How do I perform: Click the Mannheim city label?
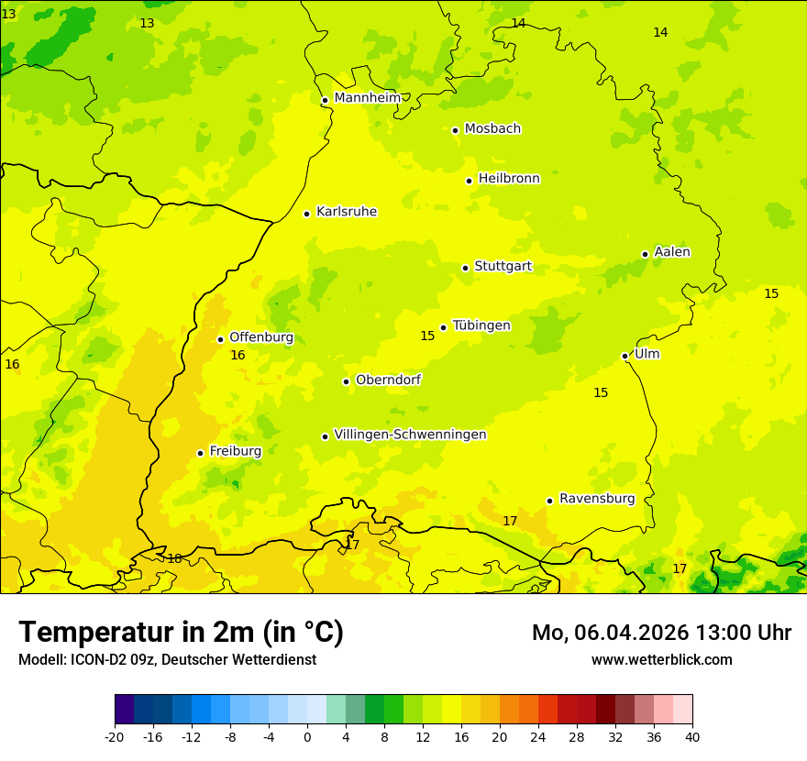[x=367, y=98]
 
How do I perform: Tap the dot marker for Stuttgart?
[x=465, y=268]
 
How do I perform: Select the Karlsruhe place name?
[x=346, y=212]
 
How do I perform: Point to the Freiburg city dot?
[x=200, y=453]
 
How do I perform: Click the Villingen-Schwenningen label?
[x=410, y=435]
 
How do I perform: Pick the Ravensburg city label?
[x=596, y=499]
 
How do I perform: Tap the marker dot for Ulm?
[x=625, y=356]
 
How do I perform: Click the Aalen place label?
[x=671, y=252]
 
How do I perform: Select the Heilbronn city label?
[x=509, y=179]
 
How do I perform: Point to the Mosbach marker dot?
[x=455, y=130]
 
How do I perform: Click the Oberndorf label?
[x=388, y=380]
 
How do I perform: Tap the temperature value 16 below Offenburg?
[x=238, y=356]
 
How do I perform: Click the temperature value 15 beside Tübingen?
[x=427, y=336]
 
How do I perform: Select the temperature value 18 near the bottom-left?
[x=174, y=559]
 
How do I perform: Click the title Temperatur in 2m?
[x=181, y=633]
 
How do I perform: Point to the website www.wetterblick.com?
[x=661, y=660]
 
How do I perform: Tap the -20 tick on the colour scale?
[x=115, y=737]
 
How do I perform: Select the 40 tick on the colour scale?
[x=691, y=737]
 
